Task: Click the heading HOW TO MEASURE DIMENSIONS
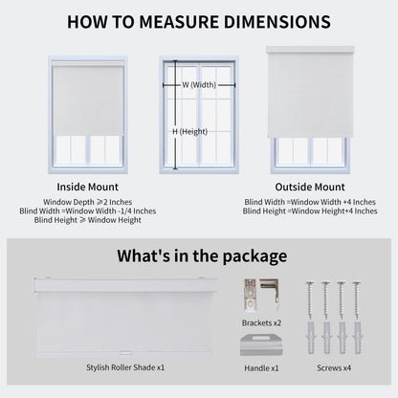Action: click(x=199, y=20)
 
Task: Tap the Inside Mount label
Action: click(x=87, y=187)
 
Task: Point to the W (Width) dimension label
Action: click(x=199, y=84)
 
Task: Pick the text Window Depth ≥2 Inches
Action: click(x=87, y=201)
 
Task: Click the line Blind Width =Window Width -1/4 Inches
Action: click(x=87, y=210)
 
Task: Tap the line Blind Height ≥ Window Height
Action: click(x=87, y=220)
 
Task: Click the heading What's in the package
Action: click(x=201, y=255)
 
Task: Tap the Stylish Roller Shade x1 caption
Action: click(x=125, y=366)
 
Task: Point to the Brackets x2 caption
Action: click(x=261, y=322)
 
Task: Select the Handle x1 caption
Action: click(x=260, y=366)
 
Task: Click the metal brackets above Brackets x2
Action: click(x=260, y=296)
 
